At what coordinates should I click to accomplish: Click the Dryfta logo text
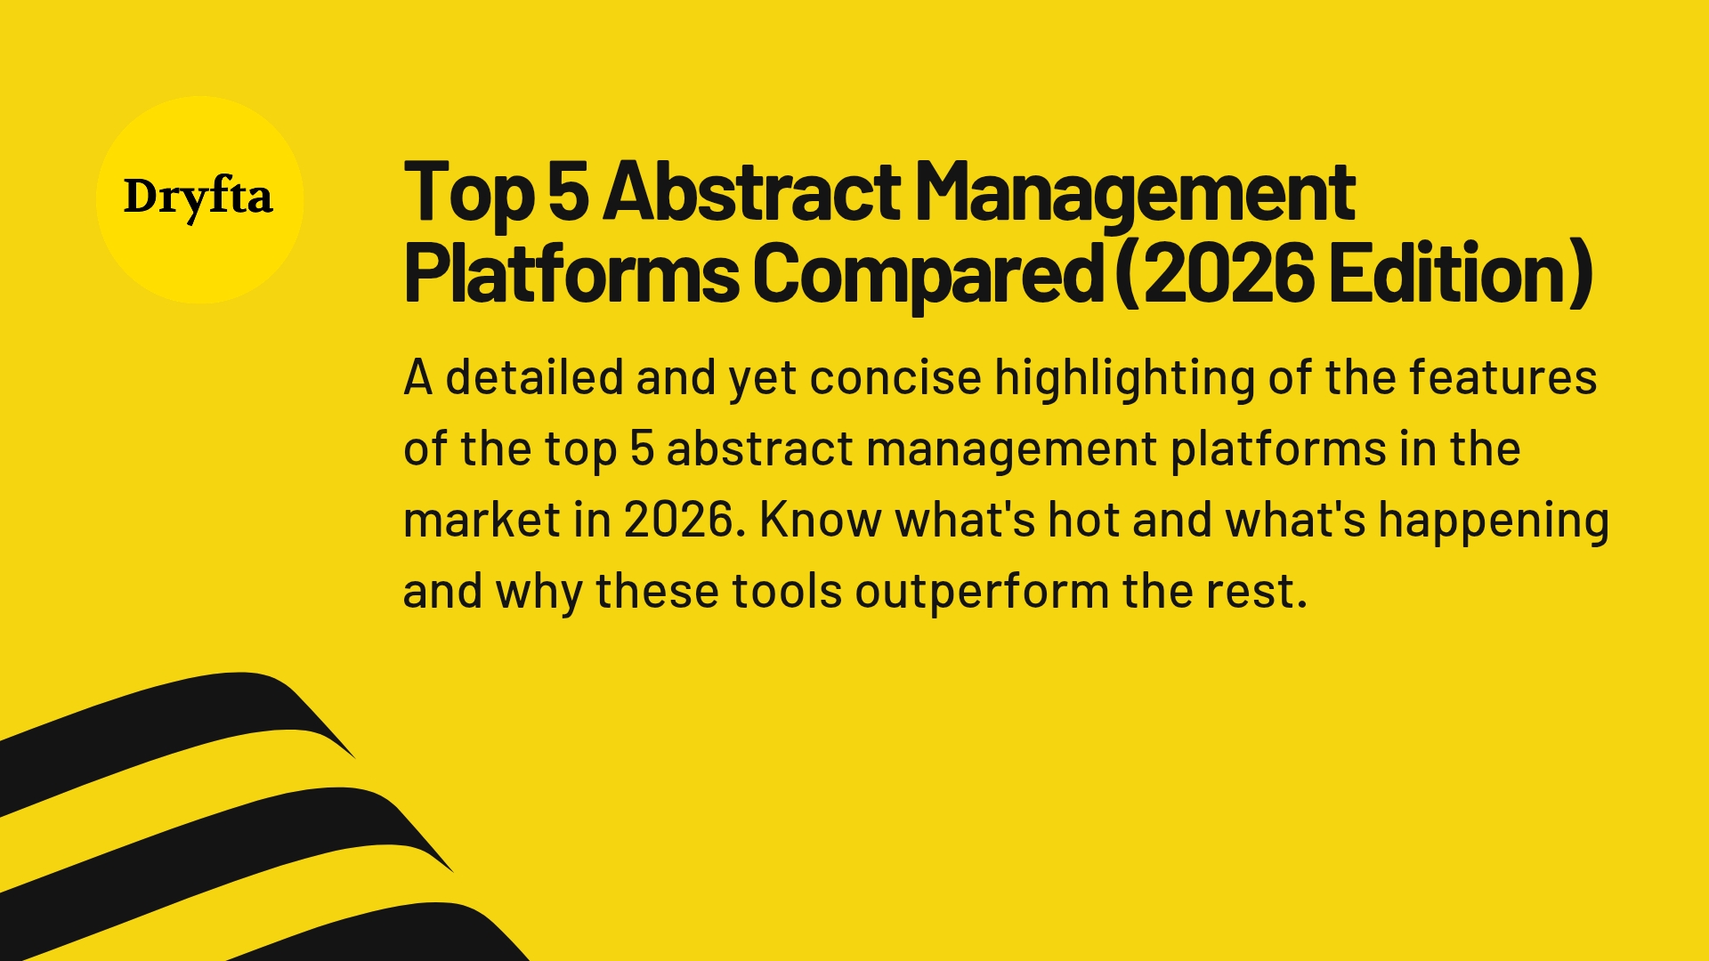pyautogui.click(x=198, y=198)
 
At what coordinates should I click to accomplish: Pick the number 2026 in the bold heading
pyautogui.click(x=1228, y=273)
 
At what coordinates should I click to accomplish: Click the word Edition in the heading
pyautogui.click(x=1451, y=273)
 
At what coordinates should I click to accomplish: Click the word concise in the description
pyautogui.click(x=895, y=377)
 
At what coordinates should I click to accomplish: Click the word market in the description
pyautogui.click(x=482, y=520)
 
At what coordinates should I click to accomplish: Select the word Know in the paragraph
pyautogui.click(x=820, y=520)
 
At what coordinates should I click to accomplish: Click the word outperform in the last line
pyautogui.click(x=982, y=593)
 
